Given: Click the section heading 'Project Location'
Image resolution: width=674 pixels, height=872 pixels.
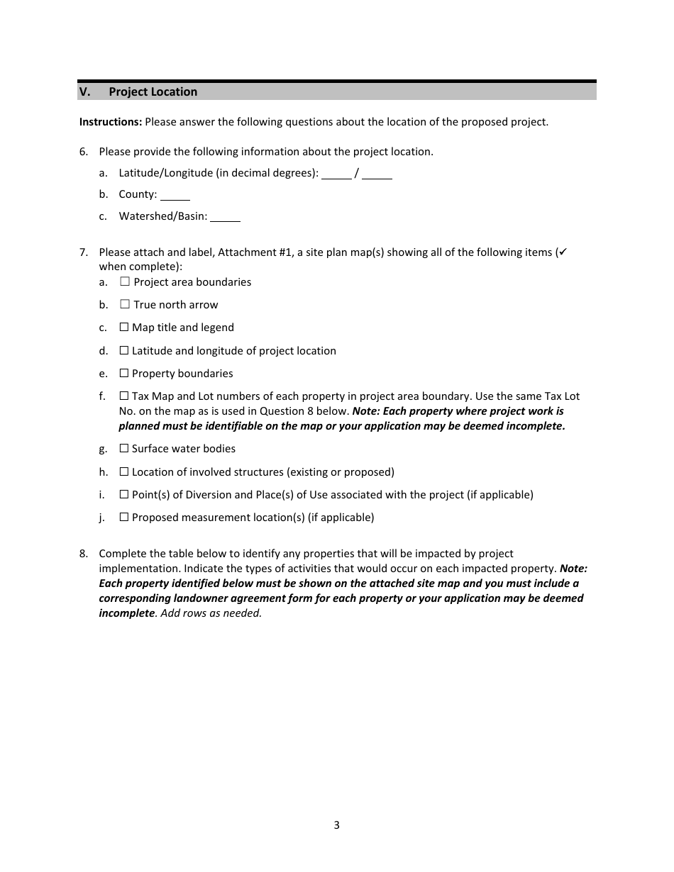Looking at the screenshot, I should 153,91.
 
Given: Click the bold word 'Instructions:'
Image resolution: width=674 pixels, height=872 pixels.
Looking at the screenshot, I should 111,122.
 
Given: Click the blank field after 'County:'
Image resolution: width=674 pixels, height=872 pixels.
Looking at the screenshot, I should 175,195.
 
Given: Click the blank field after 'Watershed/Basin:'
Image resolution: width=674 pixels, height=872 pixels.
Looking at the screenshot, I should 225,217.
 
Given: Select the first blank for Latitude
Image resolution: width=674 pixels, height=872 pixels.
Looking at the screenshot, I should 336,174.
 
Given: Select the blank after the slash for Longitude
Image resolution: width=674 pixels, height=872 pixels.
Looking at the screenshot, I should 377,174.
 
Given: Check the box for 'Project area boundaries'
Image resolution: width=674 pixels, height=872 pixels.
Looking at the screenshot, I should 125,282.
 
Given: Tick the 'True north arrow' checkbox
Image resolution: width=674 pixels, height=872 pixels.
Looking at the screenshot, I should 125,305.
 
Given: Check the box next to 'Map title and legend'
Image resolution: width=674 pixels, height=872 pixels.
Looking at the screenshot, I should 124,328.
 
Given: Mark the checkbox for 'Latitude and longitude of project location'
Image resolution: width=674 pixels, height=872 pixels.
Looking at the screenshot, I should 124,351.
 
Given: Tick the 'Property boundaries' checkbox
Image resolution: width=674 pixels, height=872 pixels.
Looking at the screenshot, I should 124,374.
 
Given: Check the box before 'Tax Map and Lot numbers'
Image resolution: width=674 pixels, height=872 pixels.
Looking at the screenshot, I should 124,396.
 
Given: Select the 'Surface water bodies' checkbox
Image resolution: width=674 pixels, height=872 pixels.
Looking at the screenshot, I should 124,449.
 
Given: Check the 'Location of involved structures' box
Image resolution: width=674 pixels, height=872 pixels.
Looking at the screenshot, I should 124,472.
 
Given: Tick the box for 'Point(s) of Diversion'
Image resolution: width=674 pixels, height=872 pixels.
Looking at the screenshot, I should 124,495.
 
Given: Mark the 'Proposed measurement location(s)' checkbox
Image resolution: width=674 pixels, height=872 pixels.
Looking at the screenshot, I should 124,518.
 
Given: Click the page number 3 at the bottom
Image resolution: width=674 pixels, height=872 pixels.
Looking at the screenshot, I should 336,825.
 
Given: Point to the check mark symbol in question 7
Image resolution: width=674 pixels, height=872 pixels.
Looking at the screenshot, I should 563,252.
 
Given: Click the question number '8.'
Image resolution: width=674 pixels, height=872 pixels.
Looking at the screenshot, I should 84,554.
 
